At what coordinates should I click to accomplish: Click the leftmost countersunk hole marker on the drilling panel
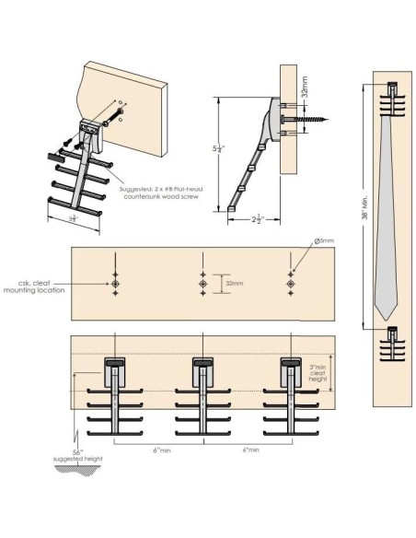(x=114, y=285)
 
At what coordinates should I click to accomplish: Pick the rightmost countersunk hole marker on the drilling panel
(x=292, y=285)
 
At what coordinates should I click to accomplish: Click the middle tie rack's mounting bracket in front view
(x=203, y=373)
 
